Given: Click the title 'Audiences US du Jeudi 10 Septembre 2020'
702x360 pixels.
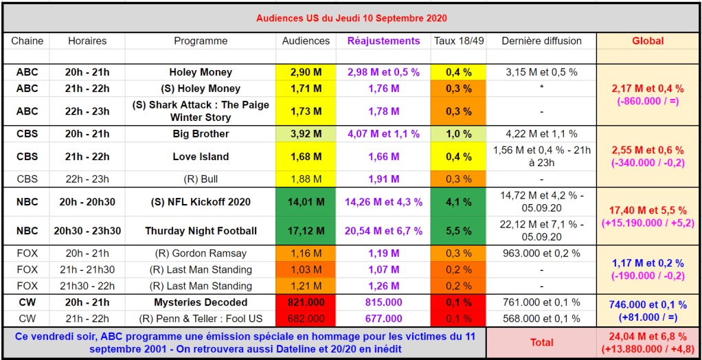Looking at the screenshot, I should point(351,18).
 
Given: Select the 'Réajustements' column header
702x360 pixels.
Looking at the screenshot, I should point(383,41).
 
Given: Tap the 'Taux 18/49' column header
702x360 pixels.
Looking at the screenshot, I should point(459,41).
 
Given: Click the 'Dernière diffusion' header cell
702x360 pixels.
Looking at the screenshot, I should point(541,41).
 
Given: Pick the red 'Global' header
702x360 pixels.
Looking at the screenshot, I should point(648,41).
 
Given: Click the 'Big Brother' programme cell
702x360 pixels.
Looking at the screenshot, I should point(201,134).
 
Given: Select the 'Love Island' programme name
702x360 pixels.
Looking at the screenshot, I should point(201,157).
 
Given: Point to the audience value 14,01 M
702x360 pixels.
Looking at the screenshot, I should point(306,202).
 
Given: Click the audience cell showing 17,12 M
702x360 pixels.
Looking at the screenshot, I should point(306,231).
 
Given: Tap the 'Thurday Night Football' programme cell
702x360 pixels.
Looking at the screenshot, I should point(201,231).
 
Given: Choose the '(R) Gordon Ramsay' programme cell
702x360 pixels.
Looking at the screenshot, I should point(201,253).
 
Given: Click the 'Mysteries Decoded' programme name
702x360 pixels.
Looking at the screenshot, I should point(201,302).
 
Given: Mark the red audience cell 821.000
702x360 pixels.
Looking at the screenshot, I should point(306,302).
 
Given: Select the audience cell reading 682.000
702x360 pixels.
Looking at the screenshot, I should point(306,319).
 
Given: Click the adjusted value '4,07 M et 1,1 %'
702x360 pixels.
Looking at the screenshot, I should point(383,134).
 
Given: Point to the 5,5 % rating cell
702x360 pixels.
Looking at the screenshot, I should point(459,231).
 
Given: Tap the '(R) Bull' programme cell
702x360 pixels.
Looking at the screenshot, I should point(201,179).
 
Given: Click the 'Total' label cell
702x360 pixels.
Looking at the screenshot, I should point(541,342).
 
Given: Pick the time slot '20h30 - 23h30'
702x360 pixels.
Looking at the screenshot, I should point(87,231).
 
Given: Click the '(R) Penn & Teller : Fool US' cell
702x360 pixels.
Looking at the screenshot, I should point(201,319).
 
